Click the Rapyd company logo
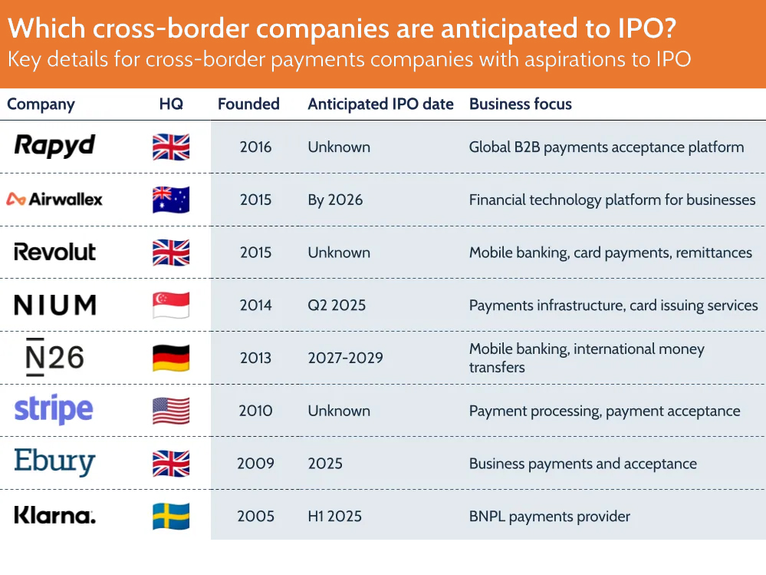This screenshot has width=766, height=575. pyautogui.click(x=54, y=146)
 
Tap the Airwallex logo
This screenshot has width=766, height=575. pyautogui.click(x=54, y=200)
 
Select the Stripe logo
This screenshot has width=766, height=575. pyautogui.click(x=54, y=409)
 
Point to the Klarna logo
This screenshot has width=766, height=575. pyautogui.click(x=54, y=515)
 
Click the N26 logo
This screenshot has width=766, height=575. pyautogui.click(x=54, y=358)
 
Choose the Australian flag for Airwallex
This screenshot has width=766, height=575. pyautogui.click(x=171, y=200)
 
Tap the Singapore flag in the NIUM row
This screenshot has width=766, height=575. pyautogui.click(x=171, y=305)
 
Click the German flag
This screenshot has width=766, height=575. pyautogui.click(x=171, y=358)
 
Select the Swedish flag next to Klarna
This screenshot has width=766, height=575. pyautogui.click(x=171, y=517)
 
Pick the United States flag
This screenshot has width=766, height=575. pyautogui.click(x=171, y=411)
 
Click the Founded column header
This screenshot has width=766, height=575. pyautogui.click(x=248, y=104)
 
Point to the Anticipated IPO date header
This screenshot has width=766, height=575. pyautogui.click(x=380, y=104)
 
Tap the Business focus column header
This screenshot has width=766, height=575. pyautogui.click(x=521, y=104)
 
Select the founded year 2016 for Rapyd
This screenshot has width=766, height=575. pyautogui.click(x=255, y=147)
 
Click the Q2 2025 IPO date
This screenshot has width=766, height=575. pyautogui.click(x=337, y=305)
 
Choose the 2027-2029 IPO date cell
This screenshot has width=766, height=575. pyautogui.click(x=345, y=358)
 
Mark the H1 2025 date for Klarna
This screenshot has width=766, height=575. pyautogui.click(x=334, y=517)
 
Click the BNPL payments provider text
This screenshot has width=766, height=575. pyautogui.click(x=550, y=517)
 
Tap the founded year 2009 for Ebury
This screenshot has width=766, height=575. pyautogui.click(x=255, y=464)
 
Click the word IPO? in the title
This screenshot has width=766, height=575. pyautogui.click(x=647, y=28)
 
